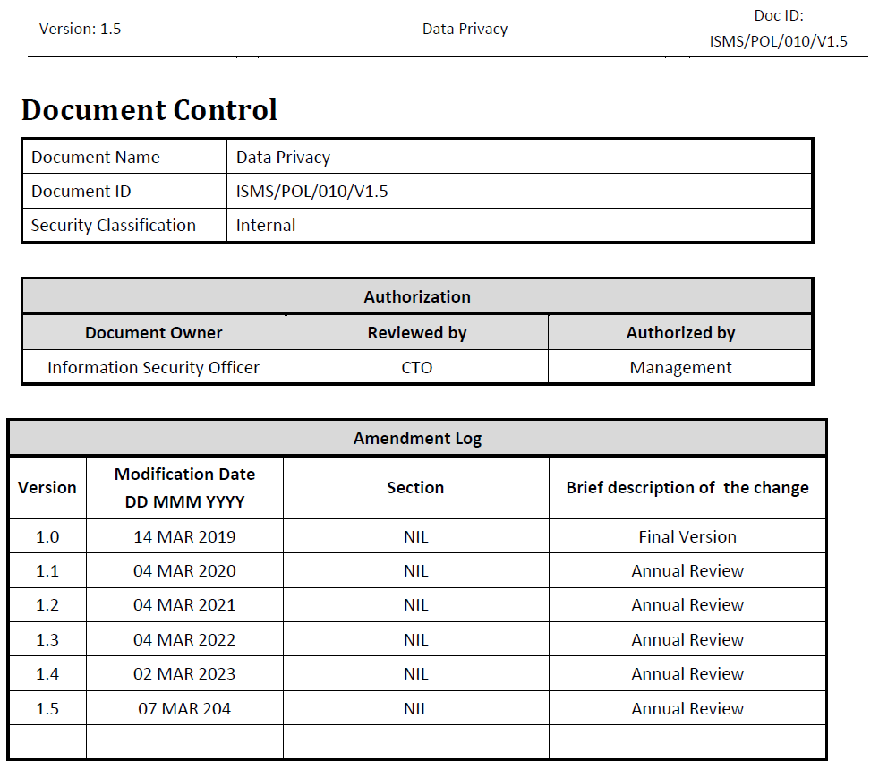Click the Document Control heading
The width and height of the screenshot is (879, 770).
point(149,110)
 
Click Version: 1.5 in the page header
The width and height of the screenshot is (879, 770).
point(80,29)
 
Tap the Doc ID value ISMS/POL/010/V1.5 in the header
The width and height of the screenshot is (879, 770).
point(778,41)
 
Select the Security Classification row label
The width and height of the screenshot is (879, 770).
point(114,226)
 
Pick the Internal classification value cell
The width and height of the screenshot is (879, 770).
point(266,226)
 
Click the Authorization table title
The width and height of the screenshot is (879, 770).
point(417,296)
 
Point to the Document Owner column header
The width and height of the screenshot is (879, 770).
point(154,332)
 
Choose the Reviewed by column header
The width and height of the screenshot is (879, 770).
point(417,332)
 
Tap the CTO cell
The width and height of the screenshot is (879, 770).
point(417,367)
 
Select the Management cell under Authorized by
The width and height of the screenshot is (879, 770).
point(680,367)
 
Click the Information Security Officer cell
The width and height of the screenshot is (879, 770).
point(154,367)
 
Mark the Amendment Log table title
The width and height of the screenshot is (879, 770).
point(417,438)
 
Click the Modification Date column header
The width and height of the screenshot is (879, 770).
point(184,488)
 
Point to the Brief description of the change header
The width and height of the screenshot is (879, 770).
point(687,488)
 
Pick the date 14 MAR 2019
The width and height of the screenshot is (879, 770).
point(184,537)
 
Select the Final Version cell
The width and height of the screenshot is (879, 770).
point(687,537)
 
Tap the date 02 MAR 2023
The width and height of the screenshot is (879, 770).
point(184,674)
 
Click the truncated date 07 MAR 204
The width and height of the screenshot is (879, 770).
point(184,708)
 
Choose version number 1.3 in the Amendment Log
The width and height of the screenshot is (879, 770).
point(47,640)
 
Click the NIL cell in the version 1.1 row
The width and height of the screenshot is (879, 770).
point(415,571)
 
